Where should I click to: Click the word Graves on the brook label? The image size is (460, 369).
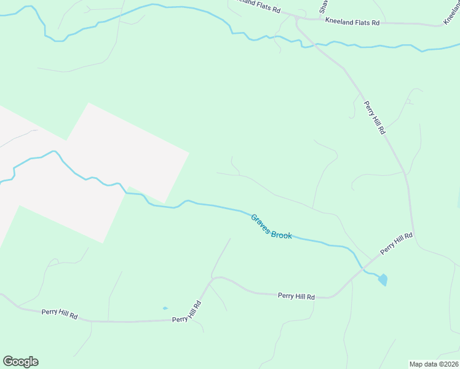pos(261,222)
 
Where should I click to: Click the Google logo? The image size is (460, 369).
pos(20,362)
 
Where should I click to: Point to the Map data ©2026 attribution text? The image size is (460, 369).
pos(434,363)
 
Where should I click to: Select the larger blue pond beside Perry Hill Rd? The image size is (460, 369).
pos(383,280)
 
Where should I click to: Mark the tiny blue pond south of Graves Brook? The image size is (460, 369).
pos(165,308)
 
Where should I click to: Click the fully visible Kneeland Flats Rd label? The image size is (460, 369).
pos(353,22)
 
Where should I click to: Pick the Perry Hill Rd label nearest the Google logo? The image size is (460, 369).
pos(60,314)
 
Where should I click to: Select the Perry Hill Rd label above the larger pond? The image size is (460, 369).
pos(396,243)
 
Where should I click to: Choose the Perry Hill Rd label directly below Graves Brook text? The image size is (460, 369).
pos(296,296)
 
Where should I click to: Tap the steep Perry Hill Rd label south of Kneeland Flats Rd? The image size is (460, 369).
pos(374,117)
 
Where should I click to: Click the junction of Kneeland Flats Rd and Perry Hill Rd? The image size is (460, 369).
pos(296,19)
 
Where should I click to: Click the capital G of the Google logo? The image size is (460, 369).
pos(8,362)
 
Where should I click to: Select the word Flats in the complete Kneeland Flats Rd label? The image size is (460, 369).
pos(360,22)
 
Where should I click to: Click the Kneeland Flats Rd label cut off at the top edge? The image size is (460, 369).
pos(257,10)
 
